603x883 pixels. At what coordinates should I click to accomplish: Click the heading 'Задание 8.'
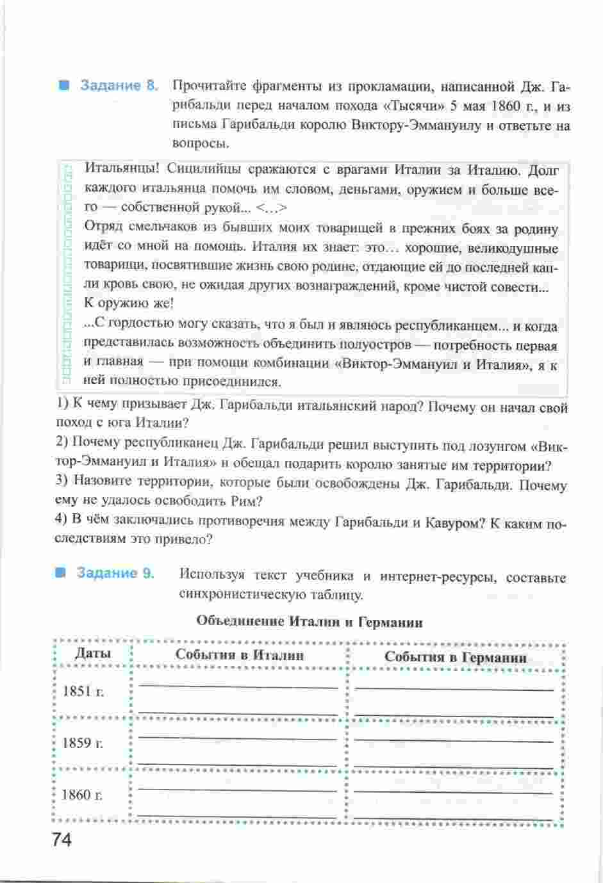point(119,86)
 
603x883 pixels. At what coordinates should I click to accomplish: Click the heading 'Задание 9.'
point(115,573)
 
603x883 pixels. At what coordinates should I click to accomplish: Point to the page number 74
point(58,839)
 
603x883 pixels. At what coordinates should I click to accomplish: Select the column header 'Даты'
point(93,654)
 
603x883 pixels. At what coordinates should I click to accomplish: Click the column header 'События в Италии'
point(240,655)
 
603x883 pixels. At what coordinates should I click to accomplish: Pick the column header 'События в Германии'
point(456,657)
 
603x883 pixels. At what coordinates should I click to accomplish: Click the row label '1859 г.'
point(83,743)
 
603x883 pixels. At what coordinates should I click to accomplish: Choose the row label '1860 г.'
point(82,795)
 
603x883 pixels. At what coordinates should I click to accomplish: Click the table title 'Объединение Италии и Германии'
point(309,622)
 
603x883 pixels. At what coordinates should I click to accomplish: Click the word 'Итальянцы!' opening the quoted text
point(116,170)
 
